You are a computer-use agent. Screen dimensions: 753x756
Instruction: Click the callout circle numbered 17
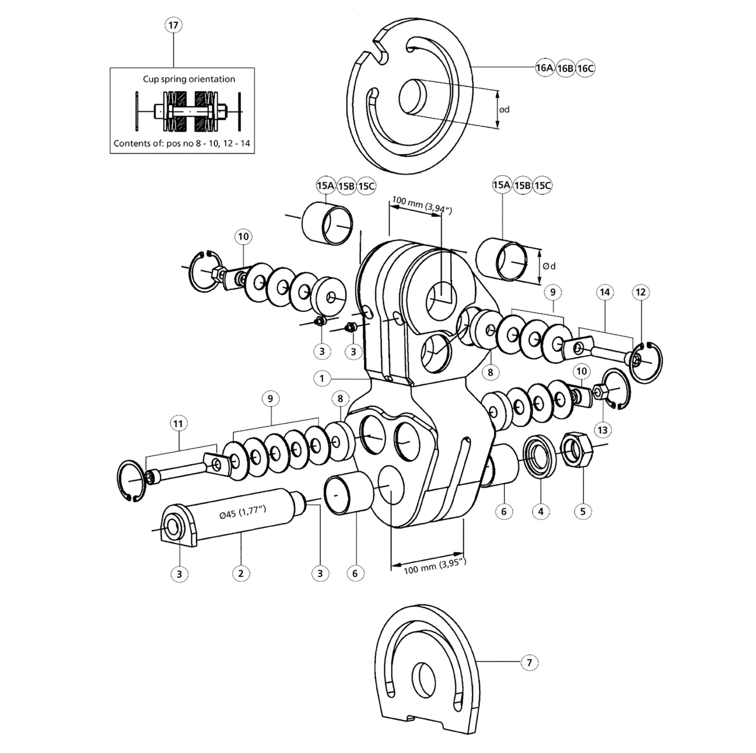(173, 25)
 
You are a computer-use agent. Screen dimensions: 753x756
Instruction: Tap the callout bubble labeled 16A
(544, 68)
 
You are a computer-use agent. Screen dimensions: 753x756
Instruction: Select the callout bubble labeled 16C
(585, 68)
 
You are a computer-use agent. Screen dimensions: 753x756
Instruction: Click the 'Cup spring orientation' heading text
(189, 79)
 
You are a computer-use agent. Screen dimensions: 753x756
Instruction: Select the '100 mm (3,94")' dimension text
(422, 205)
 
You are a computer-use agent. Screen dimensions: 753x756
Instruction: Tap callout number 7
(529, 662)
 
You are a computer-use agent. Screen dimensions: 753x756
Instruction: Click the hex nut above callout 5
(577, 450)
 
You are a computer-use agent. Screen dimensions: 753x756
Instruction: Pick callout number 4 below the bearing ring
(540, 511)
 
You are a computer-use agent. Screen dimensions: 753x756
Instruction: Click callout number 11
(178, 423)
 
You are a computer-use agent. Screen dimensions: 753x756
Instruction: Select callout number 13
(602, 430)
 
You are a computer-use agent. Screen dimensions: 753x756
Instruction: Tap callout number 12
(641, 292)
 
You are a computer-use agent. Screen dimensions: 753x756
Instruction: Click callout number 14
(605, 292)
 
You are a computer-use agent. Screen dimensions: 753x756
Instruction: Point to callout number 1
(321, 378)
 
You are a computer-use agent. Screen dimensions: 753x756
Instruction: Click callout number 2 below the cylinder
(241, 573)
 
